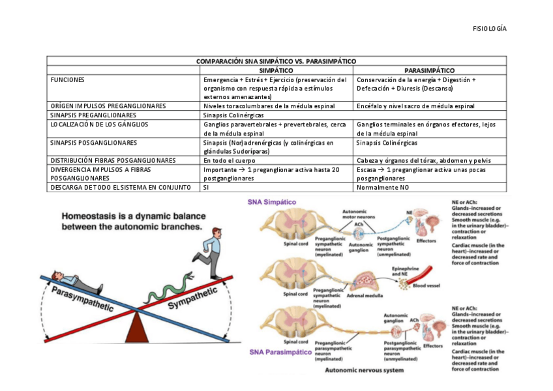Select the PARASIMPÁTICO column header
[x=429, y=70]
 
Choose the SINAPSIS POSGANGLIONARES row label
[x=93, y=142]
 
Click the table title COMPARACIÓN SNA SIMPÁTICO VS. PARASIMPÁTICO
[x=276, y=61]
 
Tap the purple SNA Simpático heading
[x=271, y=202]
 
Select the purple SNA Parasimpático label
[x=277, y=353]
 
